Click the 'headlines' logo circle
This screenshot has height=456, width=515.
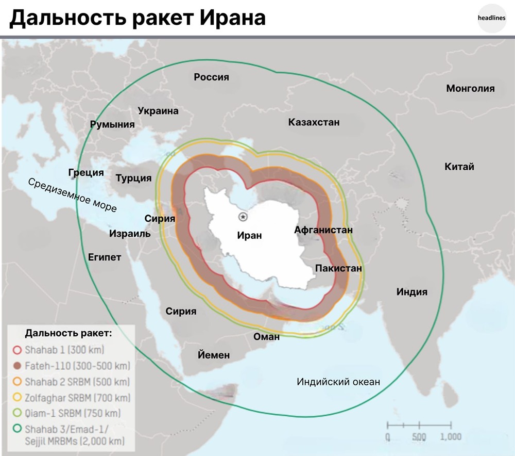(x=492, y=18)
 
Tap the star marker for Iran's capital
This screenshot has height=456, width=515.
(x=243, y=217)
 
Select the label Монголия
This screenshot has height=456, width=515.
(x=470, y=88)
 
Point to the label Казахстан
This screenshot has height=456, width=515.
(x=314, y=122)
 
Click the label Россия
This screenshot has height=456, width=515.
(x=211, y=77)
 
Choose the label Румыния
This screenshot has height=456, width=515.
(x=112, y=124)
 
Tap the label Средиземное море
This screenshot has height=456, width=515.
(x=72, y=196)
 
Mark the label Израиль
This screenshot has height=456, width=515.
(x=130, y=234)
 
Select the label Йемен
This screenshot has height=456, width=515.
(x=214, y=355)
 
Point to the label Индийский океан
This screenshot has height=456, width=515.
(x=338, y=382)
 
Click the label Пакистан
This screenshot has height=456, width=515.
(x=338, y=268)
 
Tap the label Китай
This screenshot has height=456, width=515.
(x=459, y=167)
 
